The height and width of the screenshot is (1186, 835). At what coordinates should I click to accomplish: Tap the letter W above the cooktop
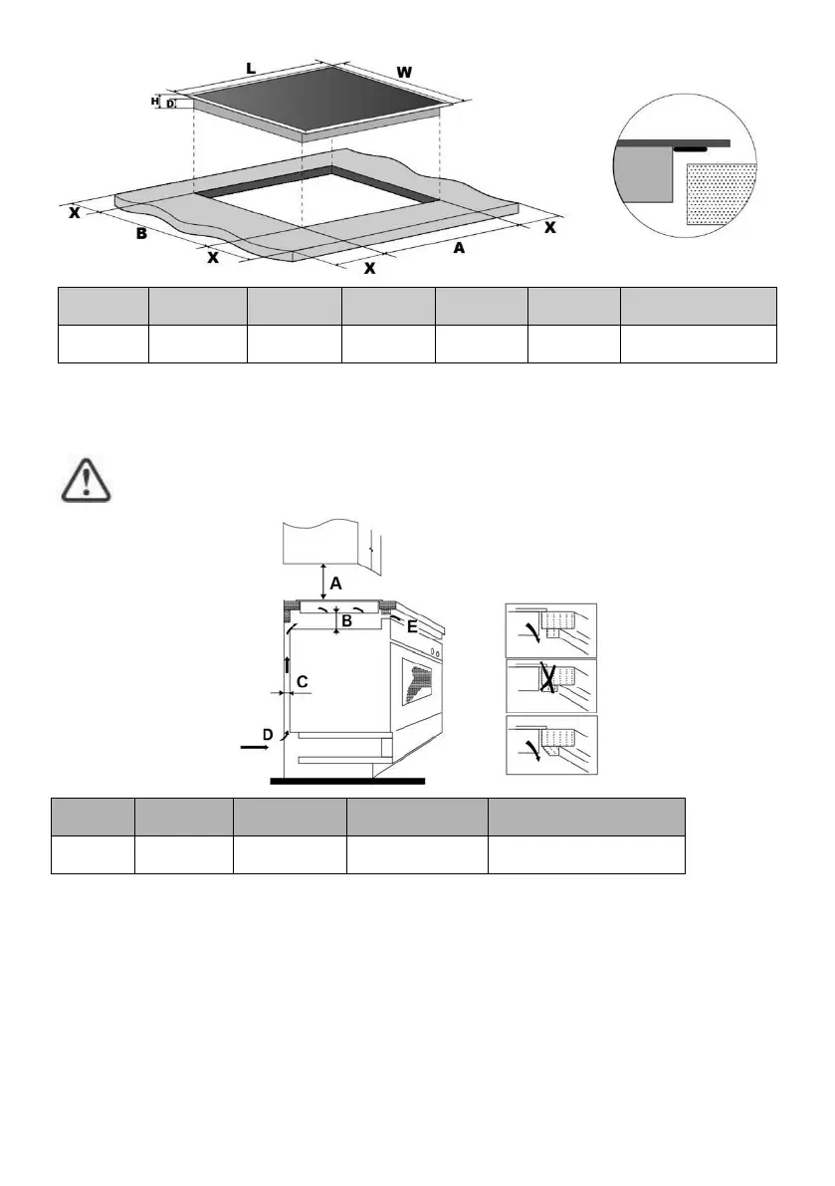403,72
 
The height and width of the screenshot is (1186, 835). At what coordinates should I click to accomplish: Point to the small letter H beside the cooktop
155,101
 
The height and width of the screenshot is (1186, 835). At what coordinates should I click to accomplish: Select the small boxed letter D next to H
169,103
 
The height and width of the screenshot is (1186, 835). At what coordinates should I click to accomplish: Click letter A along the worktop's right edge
459,248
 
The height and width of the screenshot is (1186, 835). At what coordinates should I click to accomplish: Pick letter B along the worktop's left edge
142,235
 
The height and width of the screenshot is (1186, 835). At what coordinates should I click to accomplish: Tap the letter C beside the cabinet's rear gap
303,682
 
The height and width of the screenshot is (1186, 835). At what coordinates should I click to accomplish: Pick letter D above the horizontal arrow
267,734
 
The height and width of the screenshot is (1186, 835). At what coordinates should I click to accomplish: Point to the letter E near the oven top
411,627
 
